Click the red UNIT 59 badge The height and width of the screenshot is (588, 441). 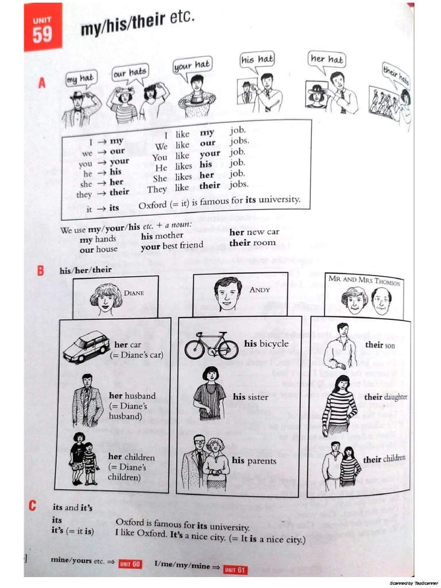42,30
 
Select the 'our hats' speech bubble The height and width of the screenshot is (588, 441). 130,72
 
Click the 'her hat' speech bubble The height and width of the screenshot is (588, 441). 327,59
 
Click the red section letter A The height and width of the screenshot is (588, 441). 41,84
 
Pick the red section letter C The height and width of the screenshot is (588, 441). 34,506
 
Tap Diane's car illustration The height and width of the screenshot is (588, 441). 86,346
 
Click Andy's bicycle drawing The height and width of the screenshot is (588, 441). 211,346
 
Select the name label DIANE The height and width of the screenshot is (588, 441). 134,292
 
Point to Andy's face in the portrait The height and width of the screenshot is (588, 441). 227,294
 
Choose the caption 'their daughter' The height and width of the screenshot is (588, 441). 385,397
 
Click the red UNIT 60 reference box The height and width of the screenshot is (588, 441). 130,564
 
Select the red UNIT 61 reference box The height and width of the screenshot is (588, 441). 235,569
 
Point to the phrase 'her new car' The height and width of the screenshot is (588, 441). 254,232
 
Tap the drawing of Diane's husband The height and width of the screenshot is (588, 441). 87,400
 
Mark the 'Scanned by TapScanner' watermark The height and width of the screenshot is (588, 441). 413,583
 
